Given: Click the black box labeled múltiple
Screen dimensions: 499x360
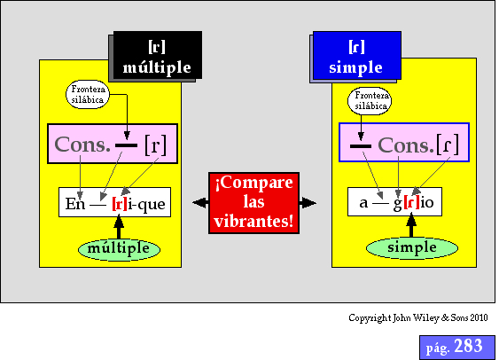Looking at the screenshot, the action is pos(158,55).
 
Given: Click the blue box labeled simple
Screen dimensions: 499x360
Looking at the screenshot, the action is pos(357,55).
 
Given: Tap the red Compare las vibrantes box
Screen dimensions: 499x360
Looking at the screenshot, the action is pos(254,203).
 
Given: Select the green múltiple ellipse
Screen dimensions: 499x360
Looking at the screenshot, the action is pos(119,249).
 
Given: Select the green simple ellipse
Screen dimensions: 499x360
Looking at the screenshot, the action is pos(412,248).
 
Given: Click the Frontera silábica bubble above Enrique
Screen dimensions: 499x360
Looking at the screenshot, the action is pos(88,94).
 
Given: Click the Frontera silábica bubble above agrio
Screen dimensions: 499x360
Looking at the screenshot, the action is pos(370,101).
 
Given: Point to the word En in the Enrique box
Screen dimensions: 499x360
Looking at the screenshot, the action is pos(75,204).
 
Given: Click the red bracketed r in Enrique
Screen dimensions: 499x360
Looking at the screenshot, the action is pos(120,204).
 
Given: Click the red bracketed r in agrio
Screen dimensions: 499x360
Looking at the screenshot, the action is pos(411,203).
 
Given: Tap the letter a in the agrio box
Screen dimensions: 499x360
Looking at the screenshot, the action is pos(363,203).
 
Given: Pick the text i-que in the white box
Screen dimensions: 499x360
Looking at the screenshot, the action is pos(147,205).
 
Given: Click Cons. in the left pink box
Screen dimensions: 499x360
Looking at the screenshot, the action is pos(82,145).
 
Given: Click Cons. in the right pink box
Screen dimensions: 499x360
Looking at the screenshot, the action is pos(406,145).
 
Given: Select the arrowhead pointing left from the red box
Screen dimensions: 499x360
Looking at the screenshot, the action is pos(200,203).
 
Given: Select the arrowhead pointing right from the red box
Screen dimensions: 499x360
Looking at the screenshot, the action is pos(308,203).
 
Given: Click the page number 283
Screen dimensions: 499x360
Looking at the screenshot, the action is pos(469,346).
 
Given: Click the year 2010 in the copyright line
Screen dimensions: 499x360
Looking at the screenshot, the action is pos(479,317).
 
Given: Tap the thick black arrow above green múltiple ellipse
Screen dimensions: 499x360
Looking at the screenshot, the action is pos(119,227).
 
